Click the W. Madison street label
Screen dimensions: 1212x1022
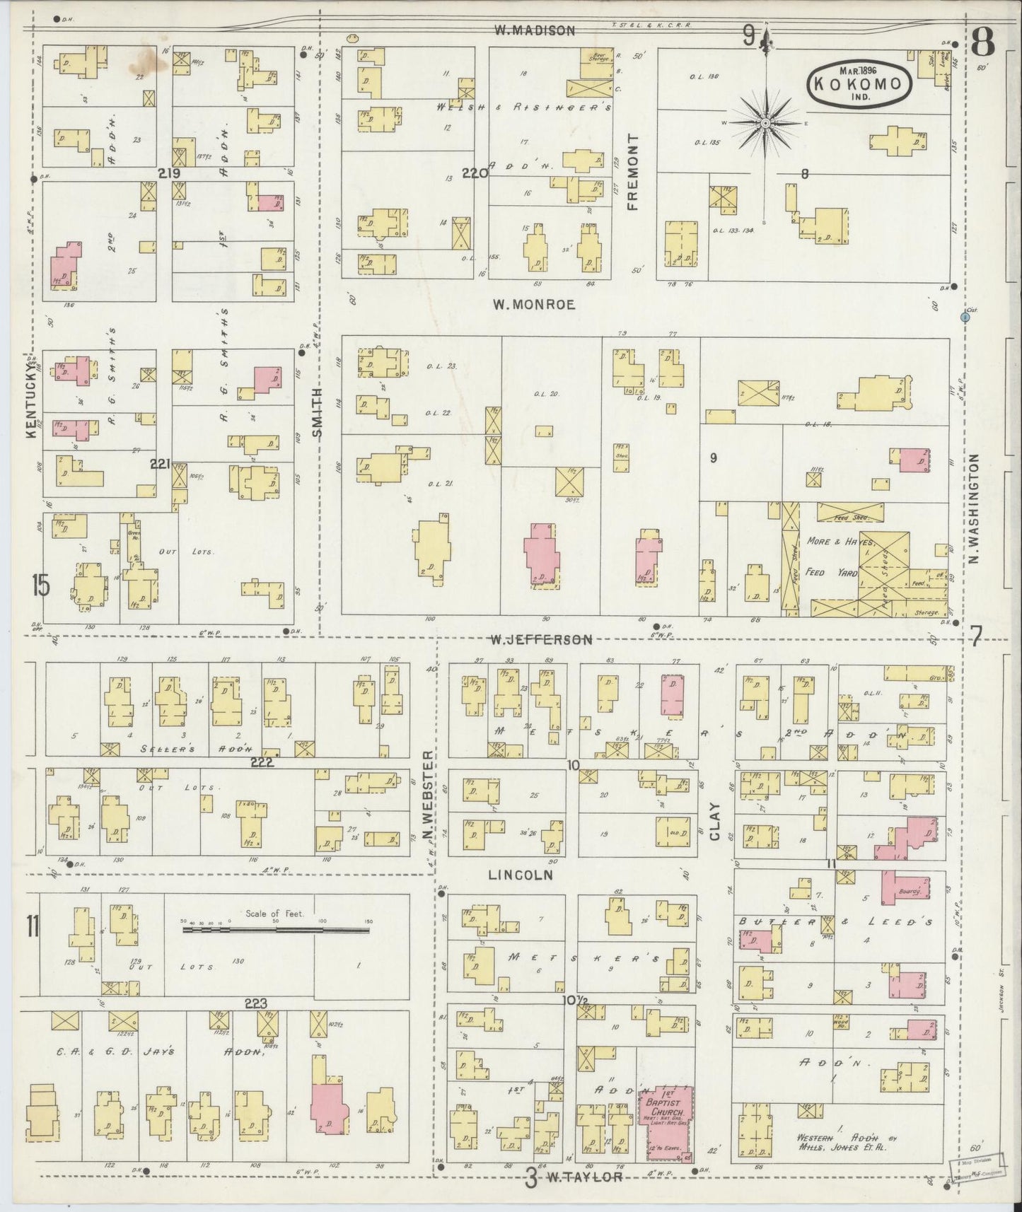click(534, 30)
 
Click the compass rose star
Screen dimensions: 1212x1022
click(765, 124)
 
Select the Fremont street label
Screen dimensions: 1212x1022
click(632, 172)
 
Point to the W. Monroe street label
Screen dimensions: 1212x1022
click(534, 305)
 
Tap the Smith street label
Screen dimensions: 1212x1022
click(318, 412)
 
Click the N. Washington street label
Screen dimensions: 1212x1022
click(974, 508)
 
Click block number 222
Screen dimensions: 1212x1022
click(262, 762)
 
